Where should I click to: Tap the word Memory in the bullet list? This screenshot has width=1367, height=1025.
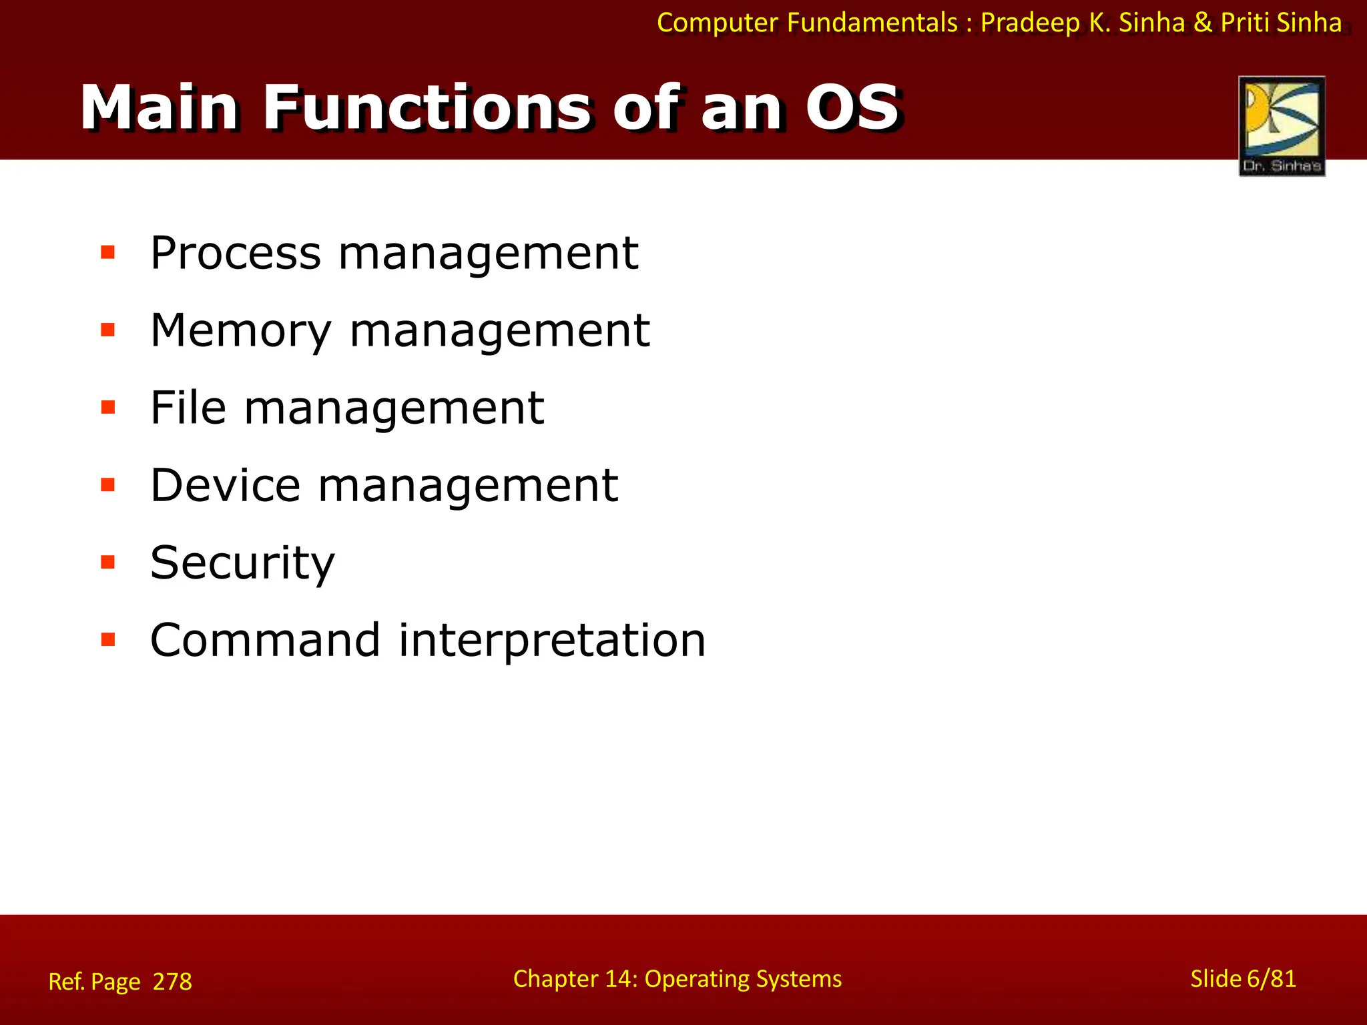tap(241, 331)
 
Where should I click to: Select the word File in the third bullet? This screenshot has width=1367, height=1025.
tap(188, 408)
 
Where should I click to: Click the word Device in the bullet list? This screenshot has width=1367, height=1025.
tap(225, 485)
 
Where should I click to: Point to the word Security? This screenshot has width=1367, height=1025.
tap(242, 563)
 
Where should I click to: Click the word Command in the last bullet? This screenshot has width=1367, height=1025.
tap(265, 640)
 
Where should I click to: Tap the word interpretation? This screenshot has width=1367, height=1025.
tap(551, 641)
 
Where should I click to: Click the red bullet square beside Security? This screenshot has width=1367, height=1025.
tap(107, 562)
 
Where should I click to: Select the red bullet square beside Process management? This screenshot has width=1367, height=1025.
tap(107, 252)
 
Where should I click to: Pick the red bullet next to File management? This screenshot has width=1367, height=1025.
tap(107, 407)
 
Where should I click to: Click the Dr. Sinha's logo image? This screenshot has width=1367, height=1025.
tap(1282, 126)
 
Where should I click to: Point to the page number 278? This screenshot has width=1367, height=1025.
tap(172, 982)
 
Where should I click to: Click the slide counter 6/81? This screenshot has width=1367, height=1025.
tap(1271, 979)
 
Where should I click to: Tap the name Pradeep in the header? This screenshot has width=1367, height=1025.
tap(1030, 23)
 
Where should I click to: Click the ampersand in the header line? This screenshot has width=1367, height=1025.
tap(1203, 23)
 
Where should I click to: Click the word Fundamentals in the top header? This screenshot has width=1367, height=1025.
tap(872, 23)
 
